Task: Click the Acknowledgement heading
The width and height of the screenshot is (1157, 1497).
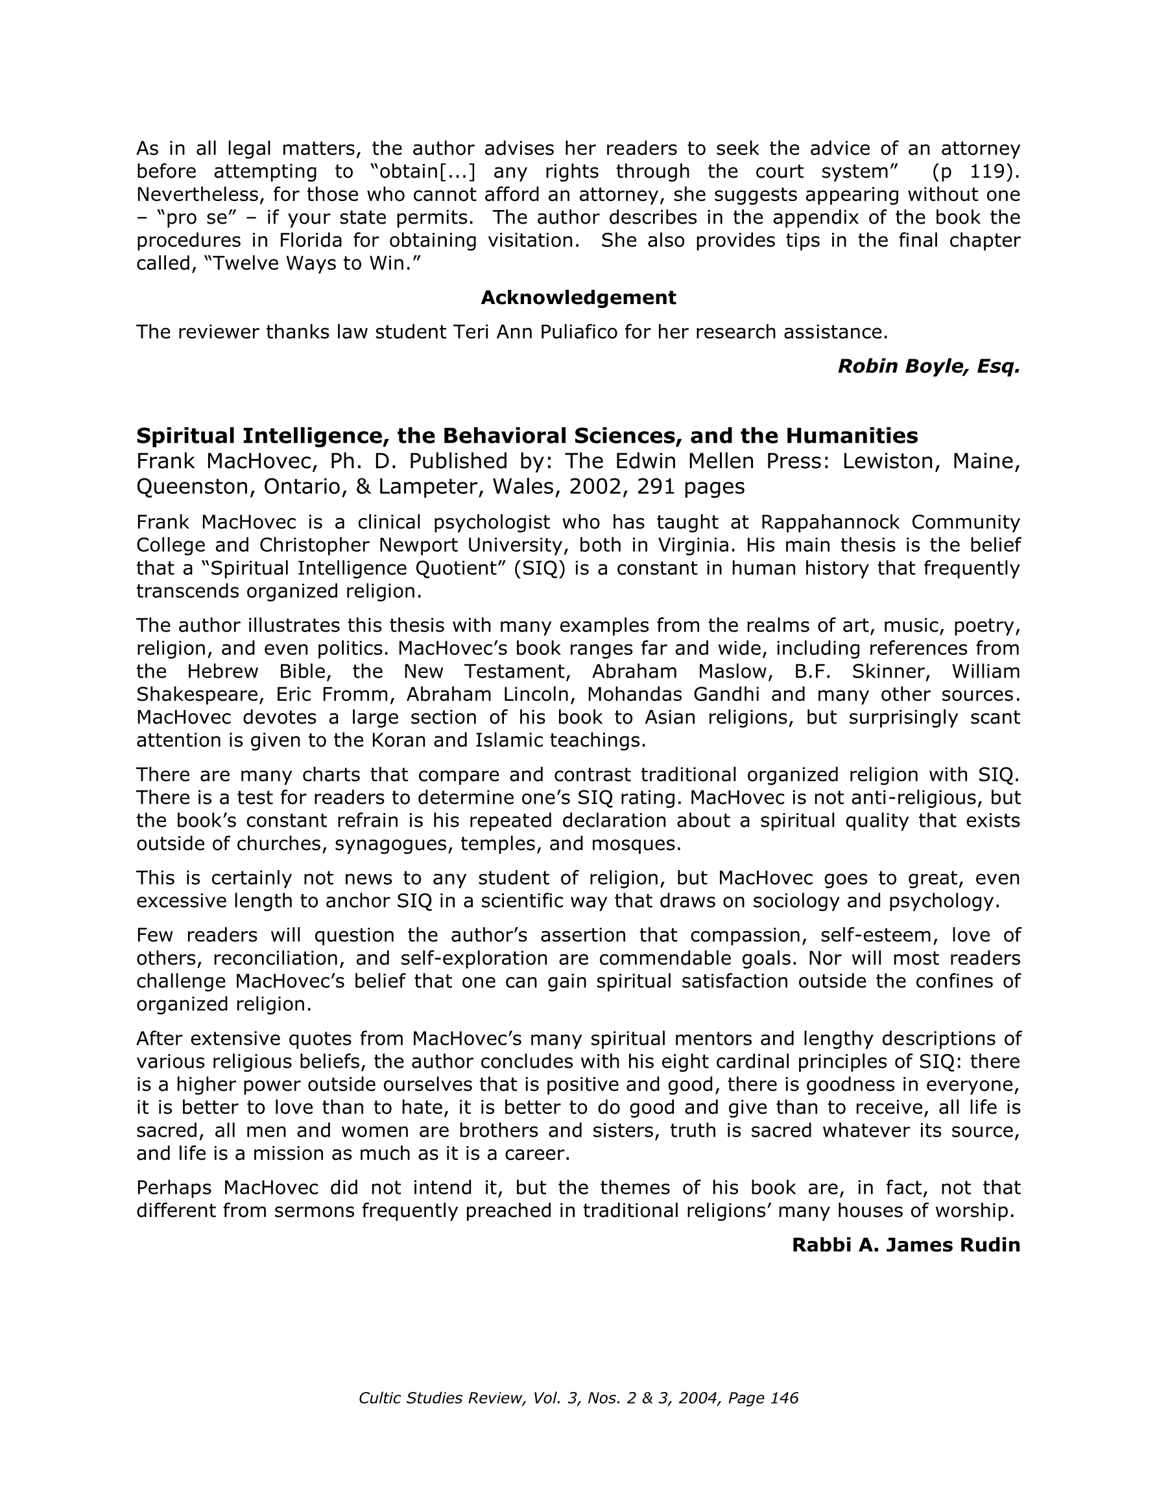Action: (578, 298)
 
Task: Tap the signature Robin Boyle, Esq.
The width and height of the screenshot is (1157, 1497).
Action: (929, 366)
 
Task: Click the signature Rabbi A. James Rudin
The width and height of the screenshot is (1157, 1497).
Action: (905, 1245)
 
